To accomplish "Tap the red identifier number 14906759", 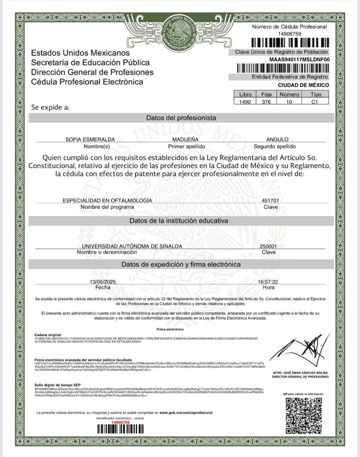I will click(120, 422).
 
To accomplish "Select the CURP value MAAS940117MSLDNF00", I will click(299, 60).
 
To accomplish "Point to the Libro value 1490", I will click(245, 102).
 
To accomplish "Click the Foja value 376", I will click(266, 102).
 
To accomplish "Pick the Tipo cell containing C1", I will click(315, 102).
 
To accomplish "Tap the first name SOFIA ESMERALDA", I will click(90, 140).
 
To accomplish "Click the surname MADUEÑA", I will click(185, 140).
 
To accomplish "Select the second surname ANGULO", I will click(277, 140).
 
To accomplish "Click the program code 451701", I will click(270, 201).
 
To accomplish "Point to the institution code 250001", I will click(268, 246).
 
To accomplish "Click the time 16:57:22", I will click(268, 282).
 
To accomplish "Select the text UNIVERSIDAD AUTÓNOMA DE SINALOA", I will click(132, 246).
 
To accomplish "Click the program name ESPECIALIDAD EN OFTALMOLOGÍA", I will click(107, 201).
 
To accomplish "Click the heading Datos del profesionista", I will click(181, 118).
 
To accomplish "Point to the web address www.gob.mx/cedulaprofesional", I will click(186, 413).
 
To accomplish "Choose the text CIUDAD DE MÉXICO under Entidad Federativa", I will click(303, 85).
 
